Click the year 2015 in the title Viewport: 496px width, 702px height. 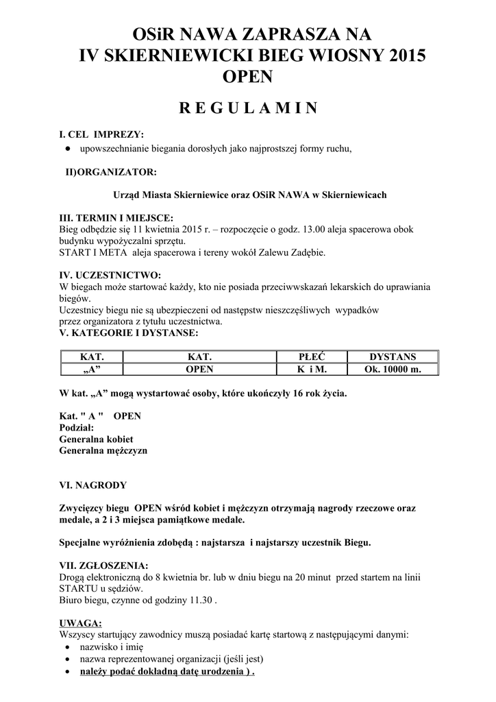coord(401,56)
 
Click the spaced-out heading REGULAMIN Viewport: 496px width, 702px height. coord(247,108)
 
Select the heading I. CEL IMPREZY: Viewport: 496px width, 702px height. coord(101,134)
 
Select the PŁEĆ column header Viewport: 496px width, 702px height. coord(312,357)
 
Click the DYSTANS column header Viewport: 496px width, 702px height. coord(393,357)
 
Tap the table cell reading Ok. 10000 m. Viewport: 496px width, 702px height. coord(393,369)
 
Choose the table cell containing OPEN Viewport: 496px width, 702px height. coord(200,369)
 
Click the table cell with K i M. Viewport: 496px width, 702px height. coord(312,369)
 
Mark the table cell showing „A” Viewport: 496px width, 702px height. coord(92,369)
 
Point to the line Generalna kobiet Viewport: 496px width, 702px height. coord(96,439)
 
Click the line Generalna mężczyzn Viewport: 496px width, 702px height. coord(103,451)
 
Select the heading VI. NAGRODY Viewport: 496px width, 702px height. coord(93,485)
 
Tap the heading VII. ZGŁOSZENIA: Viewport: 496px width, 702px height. coord(104,566)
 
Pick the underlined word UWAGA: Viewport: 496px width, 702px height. coord(81,622)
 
